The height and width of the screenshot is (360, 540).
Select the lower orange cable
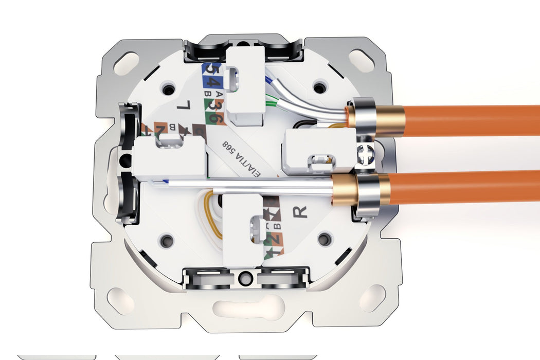[463, 187]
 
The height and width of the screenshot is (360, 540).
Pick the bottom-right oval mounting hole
[372, 298]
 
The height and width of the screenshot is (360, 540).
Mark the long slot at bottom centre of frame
[246, 302]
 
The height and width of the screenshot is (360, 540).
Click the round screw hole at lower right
[324, 239]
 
